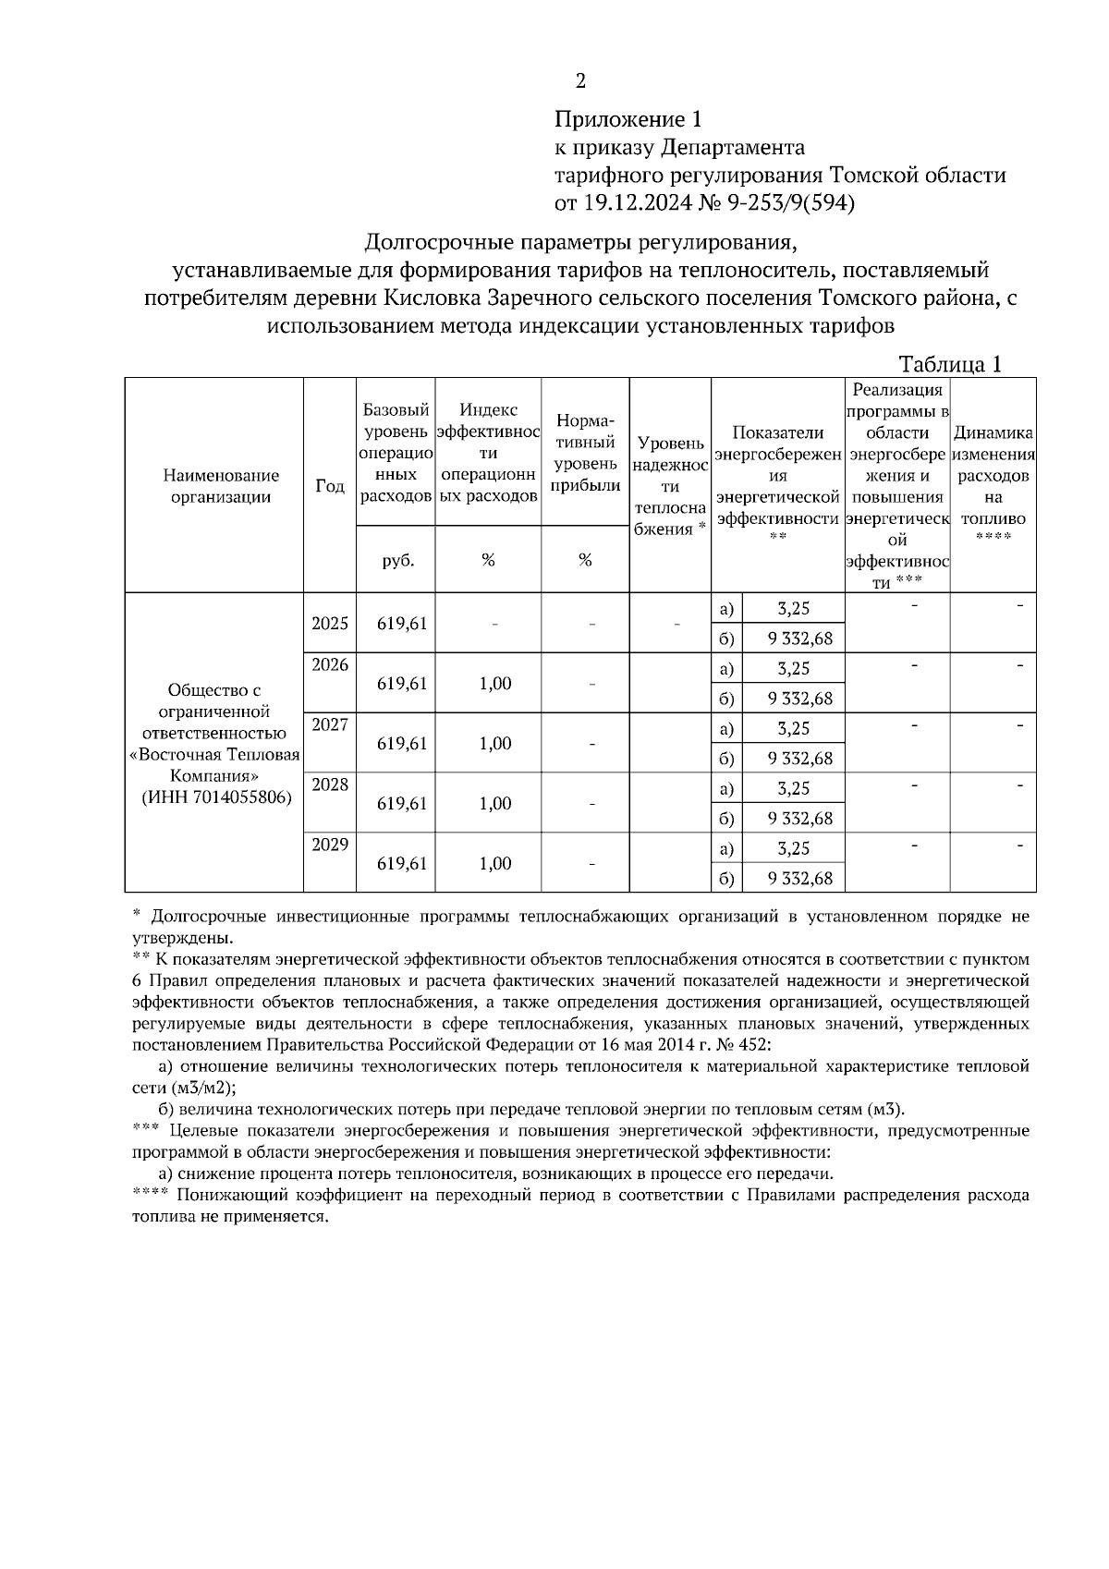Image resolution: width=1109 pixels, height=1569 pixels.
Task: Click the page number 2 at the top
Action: click(x=580, y=81)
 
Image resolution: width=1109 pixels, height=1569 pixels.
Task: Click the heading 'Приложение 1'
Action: click(x=628, y=119)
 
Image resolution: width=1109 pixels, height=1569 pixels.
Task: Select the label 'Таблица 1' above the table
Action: click(x=950, y=364)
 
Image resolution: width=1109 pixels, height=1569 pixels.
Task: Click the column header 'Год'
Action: click(x=330, y=486)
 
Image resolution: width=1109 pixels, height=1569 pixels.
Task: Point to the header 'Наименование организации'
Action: click(x=220, y=486)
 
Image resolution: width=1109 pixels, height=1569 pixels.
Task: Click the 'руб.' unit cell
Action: click(x=397, y=560)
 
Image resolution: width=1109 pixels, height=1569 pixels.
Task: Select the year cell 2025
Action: click(x=330, y=623)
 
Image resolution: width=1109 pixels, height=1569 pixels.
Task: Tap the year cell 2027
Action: click(x=330, y=724)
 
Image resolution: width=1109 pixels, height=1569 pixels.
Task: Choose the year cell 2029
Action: click(x=330, y=845)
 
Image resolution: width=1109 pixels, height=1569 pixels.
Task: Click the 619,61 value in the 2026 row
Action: click(x=402, y=684)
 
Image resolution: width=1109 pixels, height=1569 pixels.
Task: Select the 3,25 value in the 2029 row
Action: click(x=794, y=848)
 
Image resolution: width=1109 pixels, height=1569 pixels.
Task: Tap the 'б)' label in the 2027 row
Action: click(x=725, y=759)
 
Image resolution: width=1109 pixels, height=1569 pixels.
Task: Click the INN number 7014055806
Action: click(x=241, y=797)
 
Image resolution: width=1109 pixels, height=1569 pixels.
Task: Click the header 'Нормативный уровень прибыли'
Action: click(x=585, y=453)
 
